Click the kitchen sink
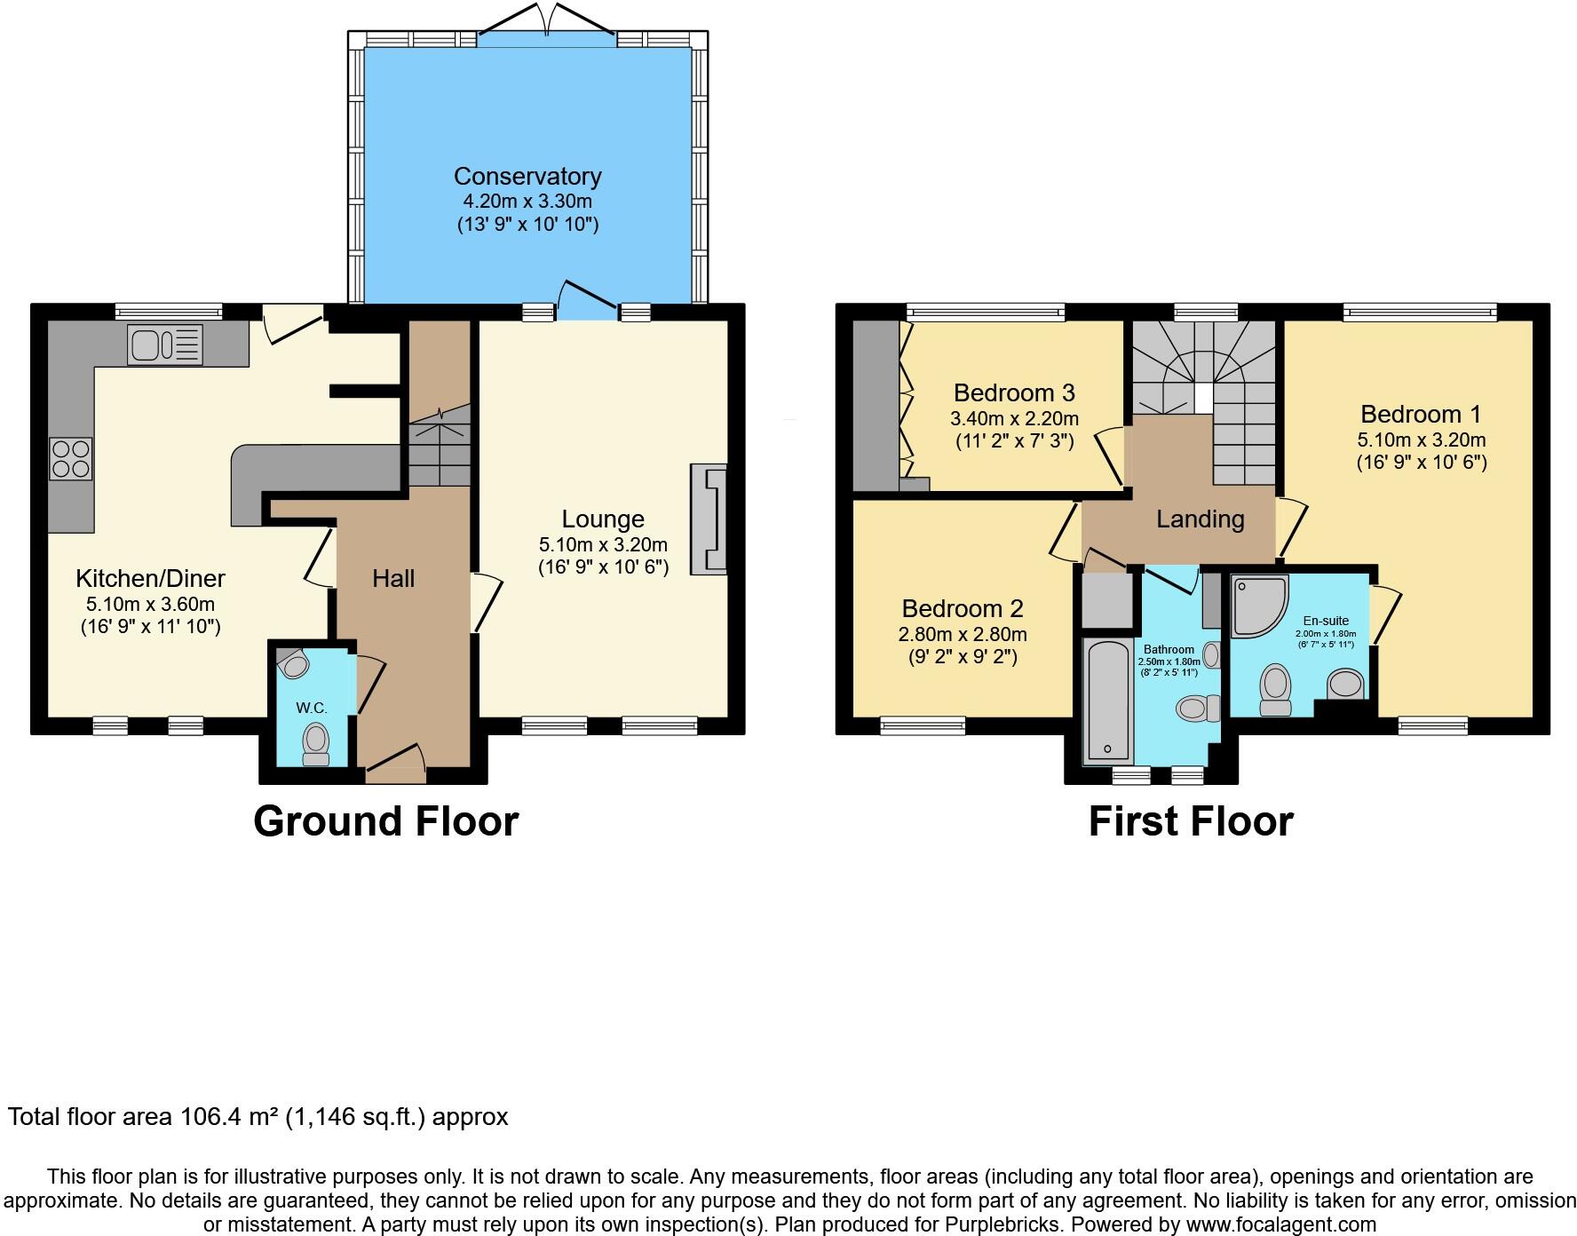[x=165, y=345]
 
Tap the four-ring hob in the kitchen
[x=71, y=459]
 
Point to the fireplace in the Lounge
[x=708, y=520]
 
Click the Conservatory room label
[x=527, y=177]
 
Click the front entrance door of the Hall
[x=395, y=765]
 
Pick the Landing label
[x=1200, y=519]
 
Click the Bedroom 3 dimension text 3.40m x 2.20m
[x=1014, y=418]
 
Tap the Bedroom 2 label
[x=963, y=609]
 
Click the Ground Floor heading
[x=385, y=821]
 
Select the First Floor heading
[x=1190, y=821]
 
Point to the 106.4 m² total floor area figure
[x=229, y=1117]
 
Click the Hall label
[x=393, y=579]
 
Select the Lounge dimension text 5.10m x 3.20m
[x=603, y=544]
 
